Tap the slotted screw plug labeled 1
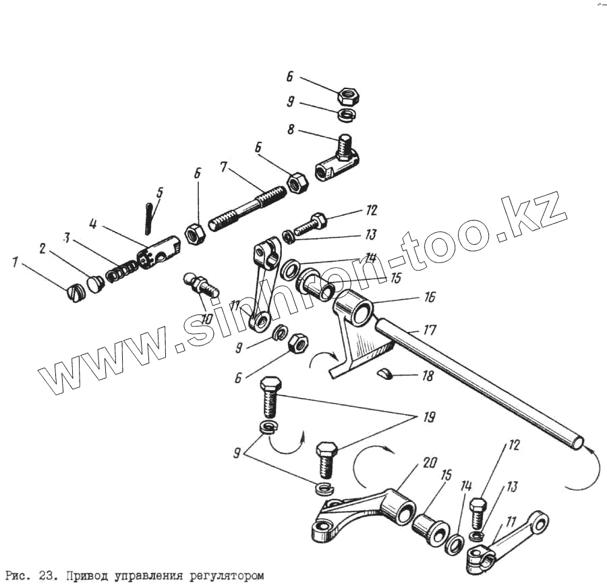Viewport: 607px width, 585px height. [x=75, y=293]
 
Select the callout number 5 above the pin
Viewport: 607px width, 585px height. [x=159, y=192]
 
